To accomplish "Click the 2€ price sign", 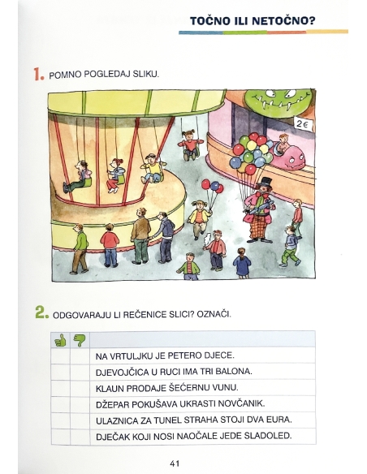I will pos(302,125).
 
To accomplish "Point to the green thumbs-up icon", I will pos(60,339).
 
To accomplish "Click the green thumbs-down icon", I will pos(79,339).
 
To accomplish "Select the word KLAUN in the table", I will pos(110,388).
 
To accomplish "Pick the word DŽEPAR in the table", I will pos(114,403).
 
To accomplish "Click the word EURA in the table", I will pos(276,420).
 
